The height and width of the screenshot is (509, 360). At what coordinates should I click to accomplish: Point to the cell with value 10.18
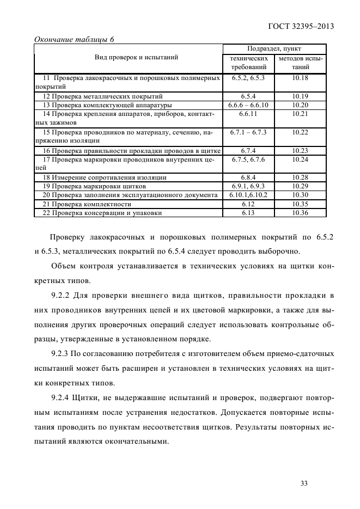click(300, 78)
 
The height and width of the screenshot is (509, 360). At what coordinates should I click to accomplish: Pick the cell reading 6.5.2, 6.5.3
click(248, 78)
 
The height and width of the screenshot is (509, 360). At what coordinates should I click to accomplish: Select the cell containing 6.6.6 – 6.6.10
click(248, 105)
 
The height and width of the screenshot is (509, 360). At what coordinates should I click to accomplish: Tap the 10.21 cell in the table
click(300, 114)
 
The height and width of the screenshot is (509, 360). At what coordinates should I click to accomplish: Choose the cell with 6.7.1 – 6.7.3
click(248, 132)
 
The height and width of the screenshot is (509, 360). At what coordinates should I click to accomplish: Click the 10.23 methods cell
click(300, 150)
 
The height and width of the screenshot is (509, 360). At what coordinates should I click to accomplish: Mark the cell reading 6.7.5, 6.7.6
click(248, 160)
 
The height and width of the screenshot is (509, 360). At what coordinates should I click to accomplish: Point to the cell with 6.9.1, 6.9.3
click(248, 186)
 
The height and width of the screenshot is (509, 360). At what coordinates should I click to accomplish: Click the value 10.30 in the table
click(300, 195)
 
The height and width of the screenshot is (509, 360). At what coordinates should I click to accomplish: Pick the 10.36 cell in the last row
click(300, 213)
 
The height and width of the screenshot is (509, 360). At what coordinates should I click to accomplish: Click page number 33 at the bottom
click(304, 482)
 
